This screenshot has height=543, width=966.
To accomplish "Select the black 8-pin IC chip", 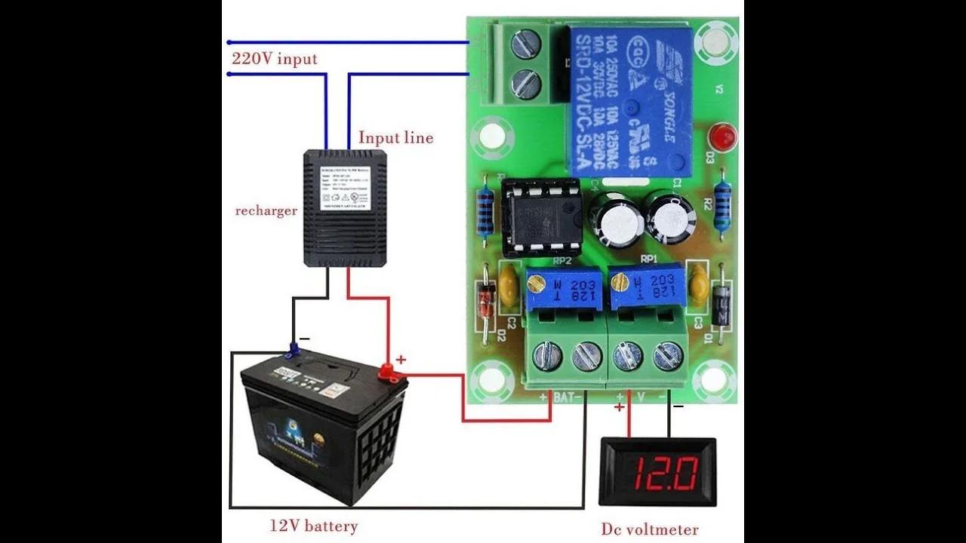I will pyautogui.click(x=543, y=219).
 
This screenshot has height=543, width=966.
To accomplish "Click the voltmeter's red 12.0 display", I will pyautogui.click(x=657, y=472).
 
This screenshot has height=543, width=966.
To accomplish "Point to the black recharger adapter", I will pyautogui.click(x=345, y=207).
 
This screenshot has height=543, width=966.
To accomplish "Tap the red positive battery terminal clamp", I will pyautogui.click(x=387, y=370).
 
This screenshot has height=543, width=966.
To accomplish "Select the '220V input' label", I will pyautogui.click(x=274, y=59).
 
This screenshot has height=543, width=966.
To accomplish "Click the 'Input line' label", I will pyautogui.click(x=395, y=138).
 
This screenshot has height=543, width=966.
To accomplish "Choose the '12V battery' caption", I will pyautogui.click(x=314, y=526).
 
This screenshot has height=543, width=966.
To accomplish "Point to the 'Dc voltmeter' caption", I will pyautogui.click(x=650, y=529).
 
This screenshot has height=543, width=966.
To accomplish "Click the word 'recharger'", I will pyautogui.click(x=266, y=210).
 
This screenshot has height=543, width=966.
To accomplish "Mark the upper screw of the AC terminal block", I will pyautogui.click(x=525, y=44).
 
